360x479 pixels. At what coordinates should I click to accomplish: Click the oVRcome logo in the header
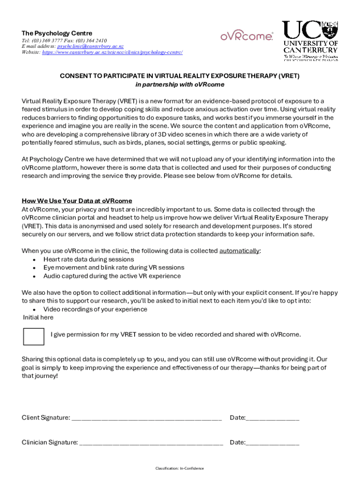[246, 36]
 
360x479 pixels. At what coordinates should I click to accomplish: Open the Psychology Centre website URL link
[112, 52]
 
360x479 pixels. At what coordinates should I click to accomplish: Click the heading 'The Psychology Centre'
[57, 33]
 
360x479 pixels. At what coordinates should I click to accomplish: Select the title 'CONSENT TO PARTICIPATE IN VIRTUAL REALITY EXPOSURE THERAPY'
[180, 76]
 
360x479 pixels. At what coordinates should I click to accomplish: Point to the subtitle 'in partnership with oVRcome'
[180, 85]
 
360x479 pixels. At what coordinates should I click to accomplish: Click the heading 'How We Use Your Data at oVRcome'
[77, 201]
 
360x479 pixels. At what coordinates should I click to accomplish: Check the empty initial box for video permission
[33, 336]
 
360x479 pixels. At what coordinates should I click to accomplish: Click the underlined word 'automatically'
[239, 251]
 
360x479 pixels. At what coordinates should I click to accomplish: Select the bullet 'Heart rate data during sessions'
[88, 259]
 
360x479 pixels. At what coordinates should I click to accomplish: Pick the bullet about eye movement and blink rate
[114, 268]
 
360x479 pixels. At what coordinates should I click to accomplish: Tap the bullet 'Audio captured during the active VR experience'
[112, 276]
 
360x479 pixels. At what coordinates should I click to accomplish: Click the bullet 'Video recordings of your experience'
[95, 309]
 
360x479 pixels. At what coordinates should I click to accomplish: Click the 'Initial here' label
[38, 318]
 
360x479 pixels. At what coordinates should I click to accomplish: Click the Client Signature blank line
[146, 418]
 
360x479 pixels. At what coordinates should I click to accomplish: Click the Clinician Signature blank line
[151, 443]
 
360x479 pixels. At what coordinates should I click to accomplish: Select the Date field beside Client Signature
[272, 418]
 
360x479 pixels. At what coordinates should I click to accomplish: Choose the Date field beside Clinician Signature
[272, 443]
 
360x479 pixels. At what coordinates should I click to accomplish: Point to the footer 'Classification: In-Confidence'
[180, 468]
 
